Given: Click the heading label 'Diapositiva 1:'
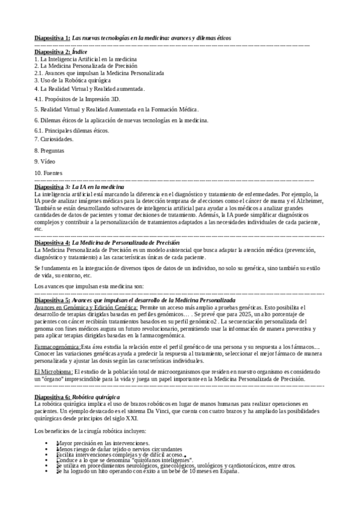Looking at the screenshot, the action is point(52,38).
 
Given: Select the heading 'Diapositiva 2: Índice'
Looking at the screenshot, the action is point(61,52).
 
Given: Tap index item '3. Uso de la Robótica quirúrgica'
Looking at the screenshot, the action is point(72,79).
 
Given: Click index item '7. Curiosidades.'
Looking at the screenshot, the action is point(54,139).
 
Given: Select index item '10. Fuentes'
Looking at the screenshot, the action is point(49,173).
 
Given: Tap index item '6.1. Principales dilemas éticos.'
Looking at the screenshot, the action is point(72,130).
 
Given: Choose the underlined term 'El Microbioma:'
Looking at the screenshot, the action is point(54,372).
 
